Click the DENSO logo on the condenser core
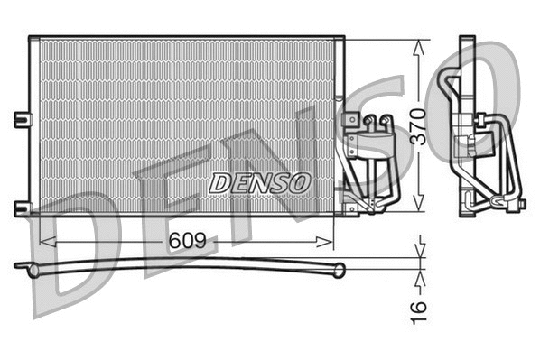[259, 180]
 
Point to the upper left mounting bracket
[23, 118]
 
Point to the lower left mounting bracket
[23, 208]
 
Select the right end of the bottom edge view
[340, 268]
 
